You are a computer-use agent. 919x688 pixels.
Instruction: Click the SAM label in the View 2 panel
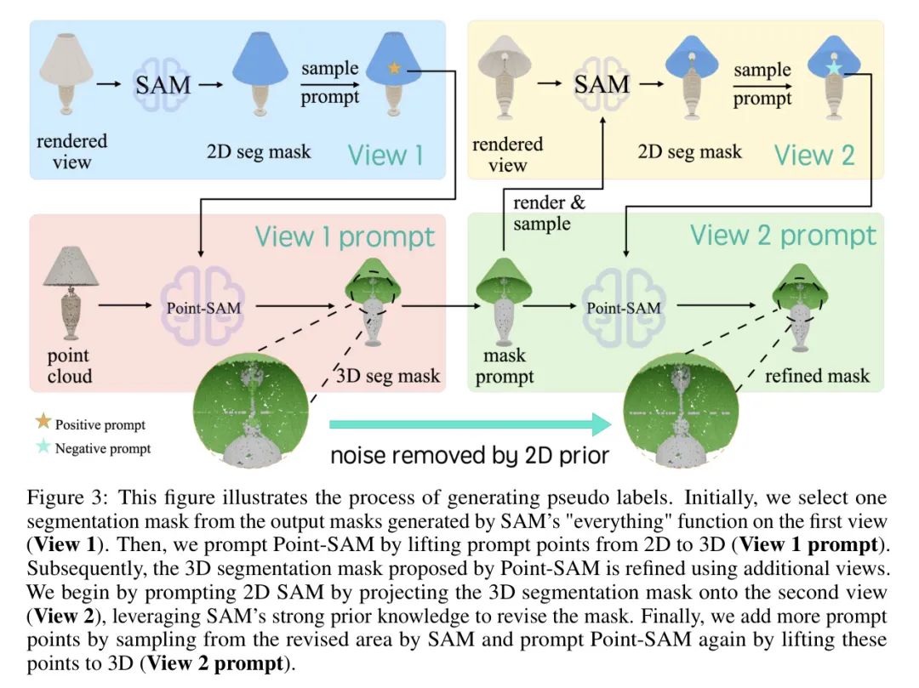602,84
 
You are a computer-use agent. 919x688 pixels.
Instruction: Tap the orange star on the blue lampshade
393,69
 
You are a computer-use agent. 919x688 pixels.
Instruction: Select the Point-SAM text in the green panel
624,307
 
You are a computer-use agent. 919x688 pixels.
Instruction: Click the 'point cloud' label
69,365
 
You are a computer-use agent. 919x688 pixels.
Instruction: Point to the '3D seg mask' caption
390,375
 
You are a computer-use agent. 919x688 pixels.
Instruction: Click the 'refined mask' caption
817,375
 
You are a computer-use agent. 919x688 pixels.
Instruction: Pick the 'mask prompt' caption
505,365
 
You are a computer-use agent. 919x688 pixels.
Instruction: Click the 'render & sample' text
542,213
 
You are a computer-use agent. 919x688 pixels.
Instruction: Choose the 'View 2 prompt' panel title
782,235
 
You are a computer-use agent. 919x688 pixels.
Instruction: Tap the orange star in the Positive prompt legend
43,424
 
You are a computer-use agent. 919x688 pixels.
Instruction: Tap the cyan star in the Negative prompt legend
43,447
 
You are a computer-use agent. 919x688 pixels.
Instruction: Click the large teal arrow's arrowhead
599,423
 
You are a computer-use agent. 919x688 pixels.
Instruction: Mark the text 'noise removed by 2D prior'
469,455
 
